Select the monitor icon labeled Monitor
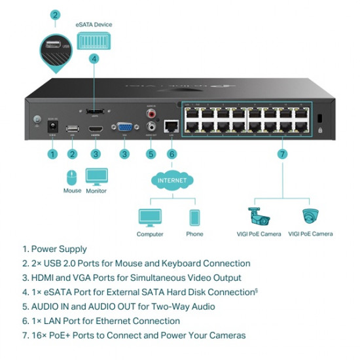click(x=96, y=177)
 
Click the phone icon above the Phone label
click(x=194, y=217)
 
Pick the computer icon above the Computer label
click(x=150, y=217)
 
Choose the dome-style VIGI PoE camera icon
click(x=310, y=216)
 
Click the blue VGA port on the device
click(x=123, y=129)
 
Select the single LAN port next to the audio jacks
click(x=171, y=126)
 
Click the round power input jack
click(x=53, y=128)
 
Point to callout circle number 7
click(x=282, y=154)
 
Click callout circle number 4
click(x=94, y=58)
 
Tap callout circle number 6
click(x=171, y=154)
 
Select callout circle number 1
click(x=52, y=154)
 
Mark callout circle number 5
click(x=151, y=154)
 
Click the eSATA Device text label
click(x=94, y=24)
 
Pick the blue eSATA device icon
click(x=94, y=41)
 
